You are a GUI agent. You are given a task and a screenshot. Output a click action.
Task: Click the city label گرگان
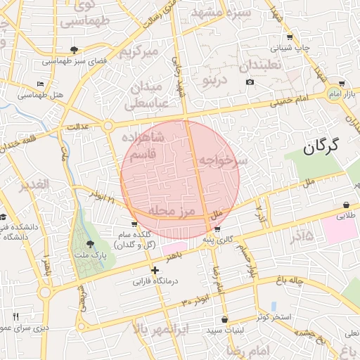point(321,146)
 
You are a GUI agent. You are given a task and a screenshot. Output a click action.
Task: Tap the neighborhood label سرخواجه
point(223,161)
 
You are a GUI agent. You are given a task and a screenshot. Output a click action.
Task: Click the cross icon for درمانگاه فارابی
point(155,270)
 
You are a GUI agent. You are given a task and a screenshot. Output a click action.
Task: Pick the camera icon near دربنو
point(250,82)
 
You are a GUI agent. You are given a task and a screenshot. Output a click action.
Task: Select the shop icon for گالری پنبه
point(217,229)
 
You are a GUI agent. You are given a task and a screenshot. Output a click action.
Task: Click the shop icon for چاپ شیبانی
point(290,37)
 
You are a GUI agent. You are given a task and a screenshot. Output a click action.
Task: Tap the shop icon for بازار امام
point(342,83)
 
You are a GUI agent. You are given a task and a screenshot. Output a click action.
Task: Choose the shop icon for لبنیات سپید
point(224,320)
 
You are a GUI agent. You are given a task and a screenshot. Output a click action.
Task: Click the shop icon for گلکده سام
point(134,224)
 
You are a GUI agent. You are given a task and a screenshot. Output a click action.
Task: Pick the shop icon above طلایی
point(347,204)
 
